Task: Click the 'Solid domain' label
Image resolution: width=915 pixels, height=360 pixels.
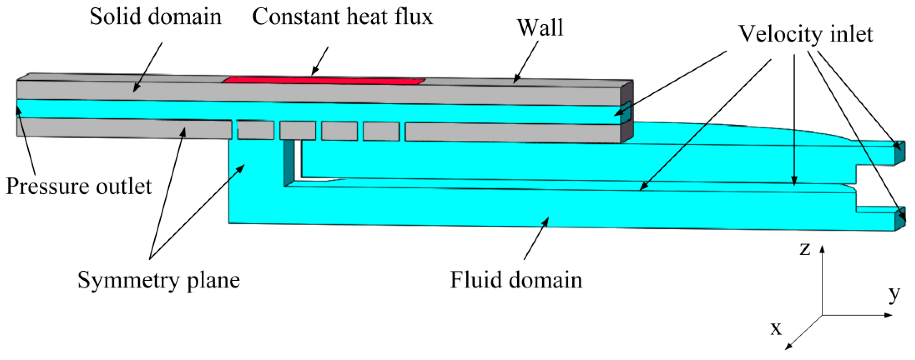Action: pos(155,17)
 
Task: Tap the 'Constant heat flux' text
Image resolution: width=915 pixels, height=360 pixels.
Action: pos(342,17)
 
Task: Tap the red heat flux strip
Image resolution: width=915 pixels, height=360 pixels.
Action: pos(323,80)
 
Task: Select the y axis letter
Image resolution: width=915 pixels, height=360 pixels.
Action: pos(894,294)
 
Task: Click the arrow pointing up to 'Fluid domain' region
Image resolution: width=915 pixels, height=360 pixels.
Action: pos(536,239)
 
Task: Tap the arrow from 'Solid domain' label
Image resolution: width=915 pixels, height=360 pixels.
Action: pos(148,68)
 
